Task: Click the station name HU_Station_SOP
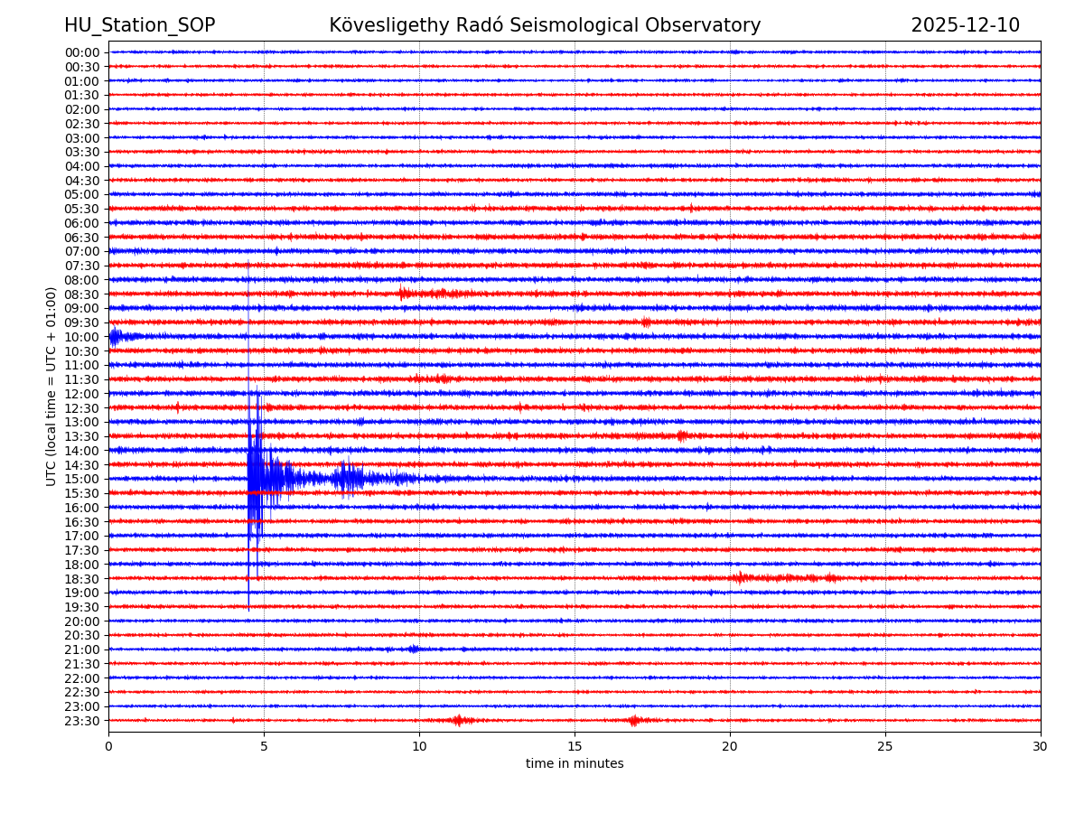tap(139, 25)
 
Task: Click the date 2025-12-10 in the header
tap(965, 25)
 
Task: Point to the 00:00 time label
tap(81, 52)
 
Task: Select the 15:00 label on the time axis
tap(81, 479)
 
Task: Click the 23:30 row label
tap(81, 721)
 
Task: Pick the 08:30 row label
tap(81, 294)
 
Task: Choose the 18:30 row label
tap(81, 578)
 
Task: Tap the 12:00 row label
tap(81, 394)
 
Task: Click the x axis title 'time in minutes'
tap(575, 764)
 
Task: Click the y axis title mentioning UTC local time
tap(51, 386)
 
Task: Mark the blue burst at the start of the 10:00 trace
tap(116, 337)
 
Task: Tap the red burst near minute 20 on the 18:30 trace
tap(741, 577)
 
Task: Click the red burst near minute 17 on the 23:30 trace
tap(633, 720)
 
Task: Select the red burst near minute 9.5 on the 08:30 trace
tap(404, 293)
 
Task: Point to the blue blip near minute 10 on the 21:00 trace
tap(413, 649)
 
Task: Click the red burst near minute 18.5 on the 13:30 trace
tap(682, 435)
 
